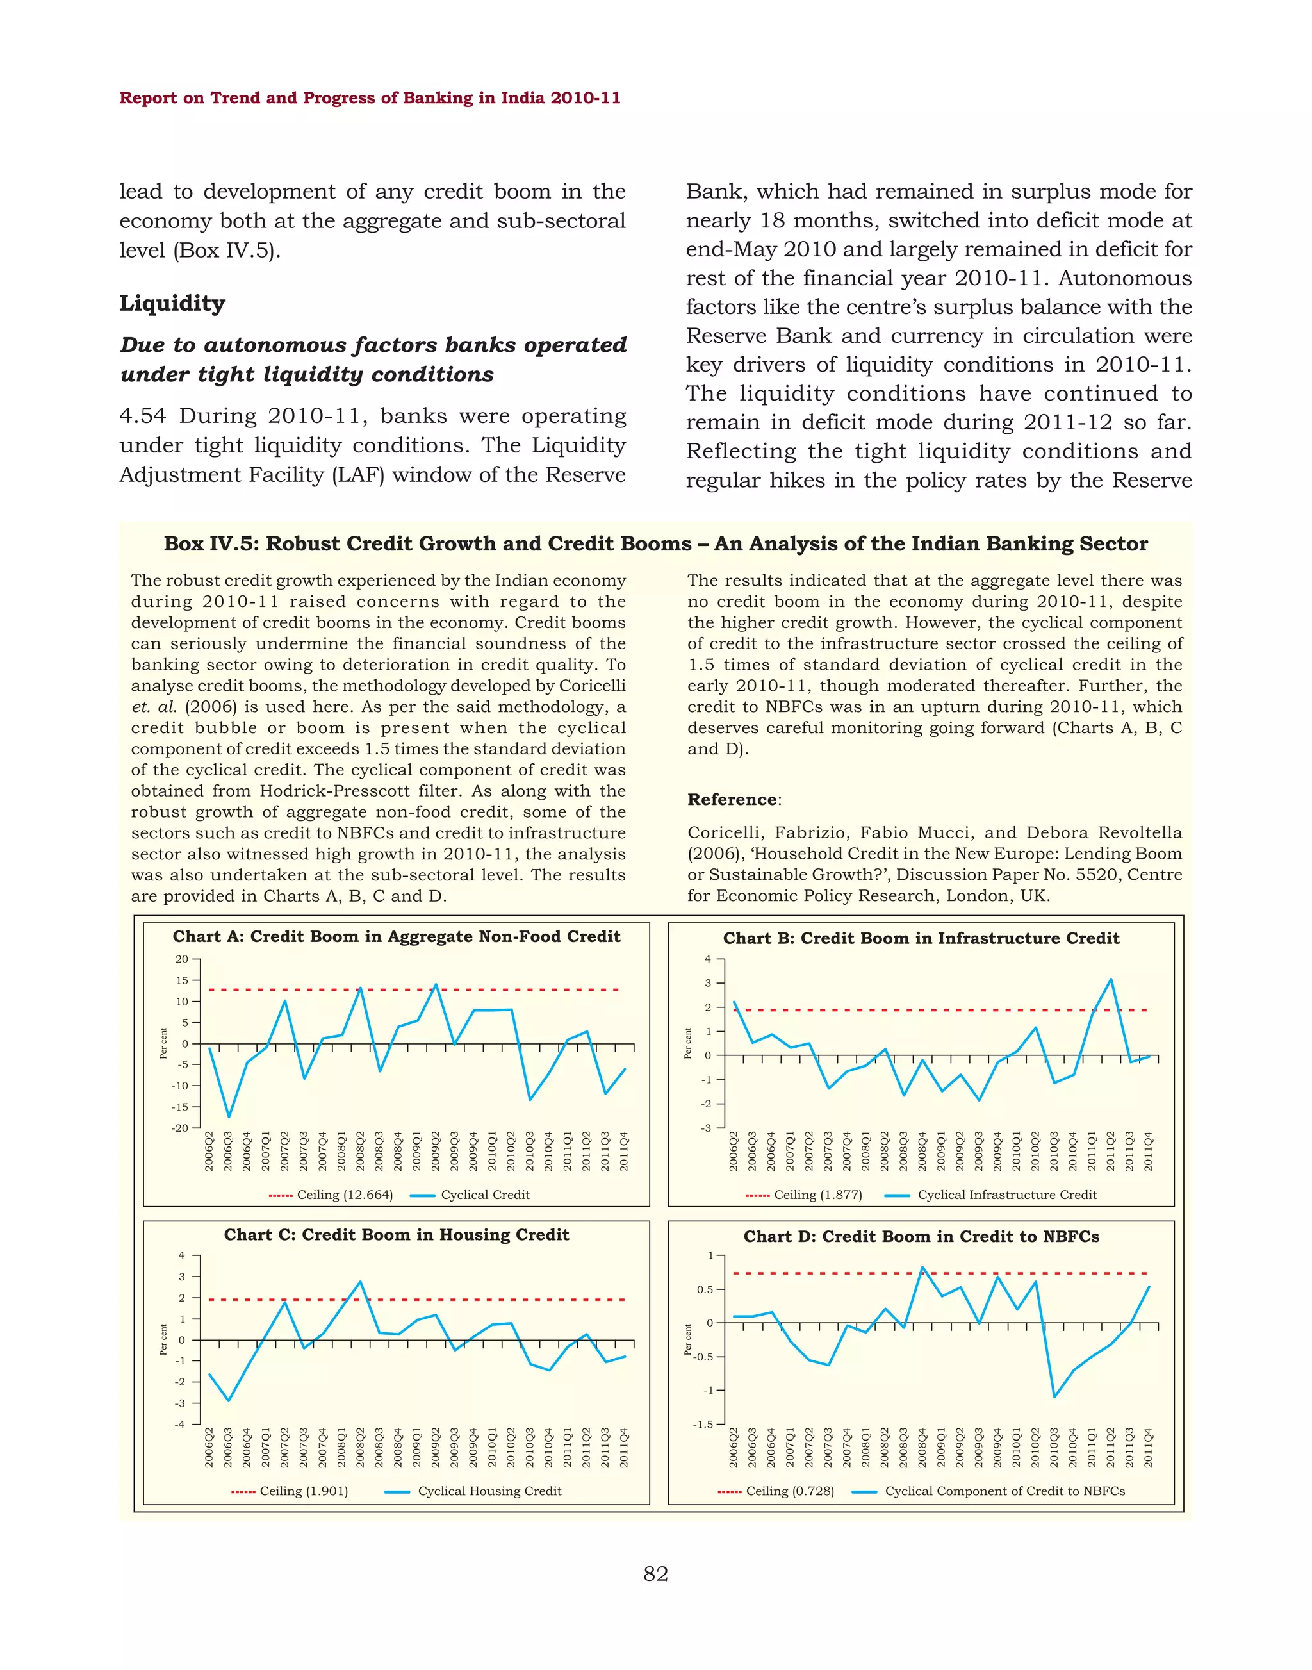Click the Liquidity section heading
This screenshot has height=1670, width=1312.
(x=172, y=304)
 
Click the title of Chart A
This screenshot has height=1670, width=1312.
(x=397, y=936)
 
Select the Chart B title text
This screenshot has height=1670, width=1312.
(x=921, y=938)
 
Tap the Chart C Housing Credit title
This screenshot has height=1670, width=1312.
(x=397, y=1234)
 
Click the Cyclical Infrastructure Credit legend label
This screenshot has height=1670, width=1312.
(x=1006, y=1195)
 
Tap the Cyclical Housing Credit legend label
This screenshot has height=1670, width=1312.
(x=489, y=1491)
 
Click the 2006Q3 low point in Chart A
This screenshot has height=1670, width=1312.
(x=228, y=1117)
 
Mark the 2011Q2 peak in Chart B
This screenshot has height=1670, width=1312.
(x=1111, y=979)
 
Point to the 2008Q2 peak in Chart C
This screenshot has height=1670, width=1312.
(x=360, y=1282)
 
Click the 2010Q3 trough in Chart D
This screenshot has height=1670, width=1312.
(x=1054, y=1396)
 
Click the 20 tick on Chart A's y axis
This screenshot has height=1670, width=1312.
(x=182, y=959)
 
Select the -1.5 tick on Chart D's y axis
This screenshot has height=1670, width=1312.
(x=703, y=1424)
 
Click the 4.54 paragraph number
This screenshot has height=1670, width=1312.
(x=143, y=416)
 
